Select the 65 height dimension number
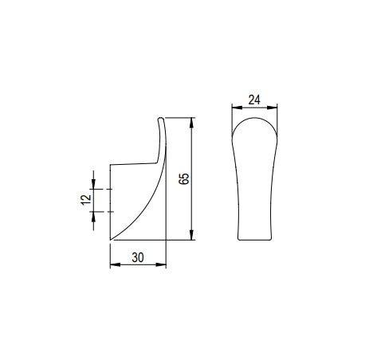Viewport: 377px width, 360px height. [x=184, y=179]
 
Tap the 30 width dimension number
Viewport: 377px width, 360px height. [x=137, y=258]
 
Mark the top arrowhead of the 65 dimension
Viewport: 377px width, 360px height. [x=191, y=122]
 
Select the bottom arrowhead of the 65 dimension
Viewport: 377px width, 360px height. [x=191, y=237]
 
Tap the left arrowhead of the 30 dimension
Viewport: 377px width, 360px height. [x=112, y=266]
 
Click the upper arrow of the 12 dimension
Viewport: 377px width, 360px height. [x=94, y=185]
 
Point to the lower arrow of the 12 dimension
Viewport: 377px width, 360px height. [x=94, y=216]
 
